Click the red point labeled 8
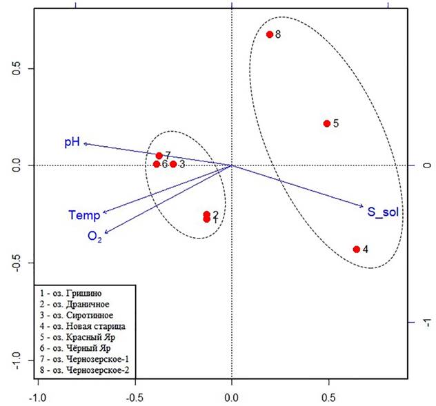pyautogui.click(x=270, y=34)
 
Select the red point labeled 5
pyautogui.click(x=327, y=123)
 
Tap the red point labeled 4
pyautogui.click(x=357, y=249)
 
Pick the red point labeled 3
pyautogui.click(x=173, y=164)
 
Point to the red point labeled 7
pyautogui.click(x=159, y=156)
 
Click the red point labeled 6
pyautogui.click(x=157, y=164)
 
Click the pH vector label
pyautogui.click(x=72, y=142)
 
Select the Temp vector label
pyautogui.click(x=84, y=215)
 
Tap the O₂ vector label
pyautogui.click(x=95, y=236)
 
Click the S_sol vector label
pyautogui.click(x=383, y=212)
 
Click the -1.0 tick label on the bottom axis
pyautogui.click(x=37, y=398)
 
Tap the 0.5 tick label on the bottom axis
pyautogui.click(x=328, y=398)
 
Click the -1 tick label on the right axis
pyautogui.click(x=426, y=323)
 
